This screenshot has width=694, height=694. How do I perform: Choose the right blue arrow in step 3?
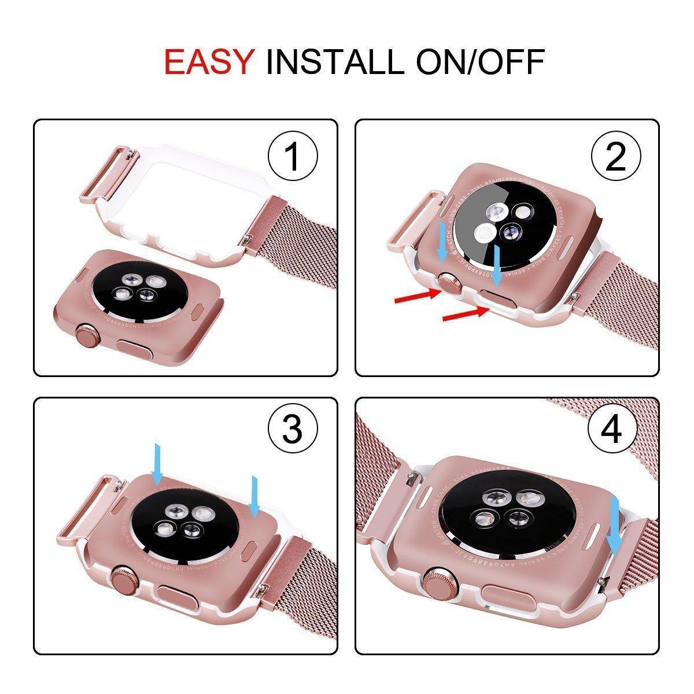coord(253,495)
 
